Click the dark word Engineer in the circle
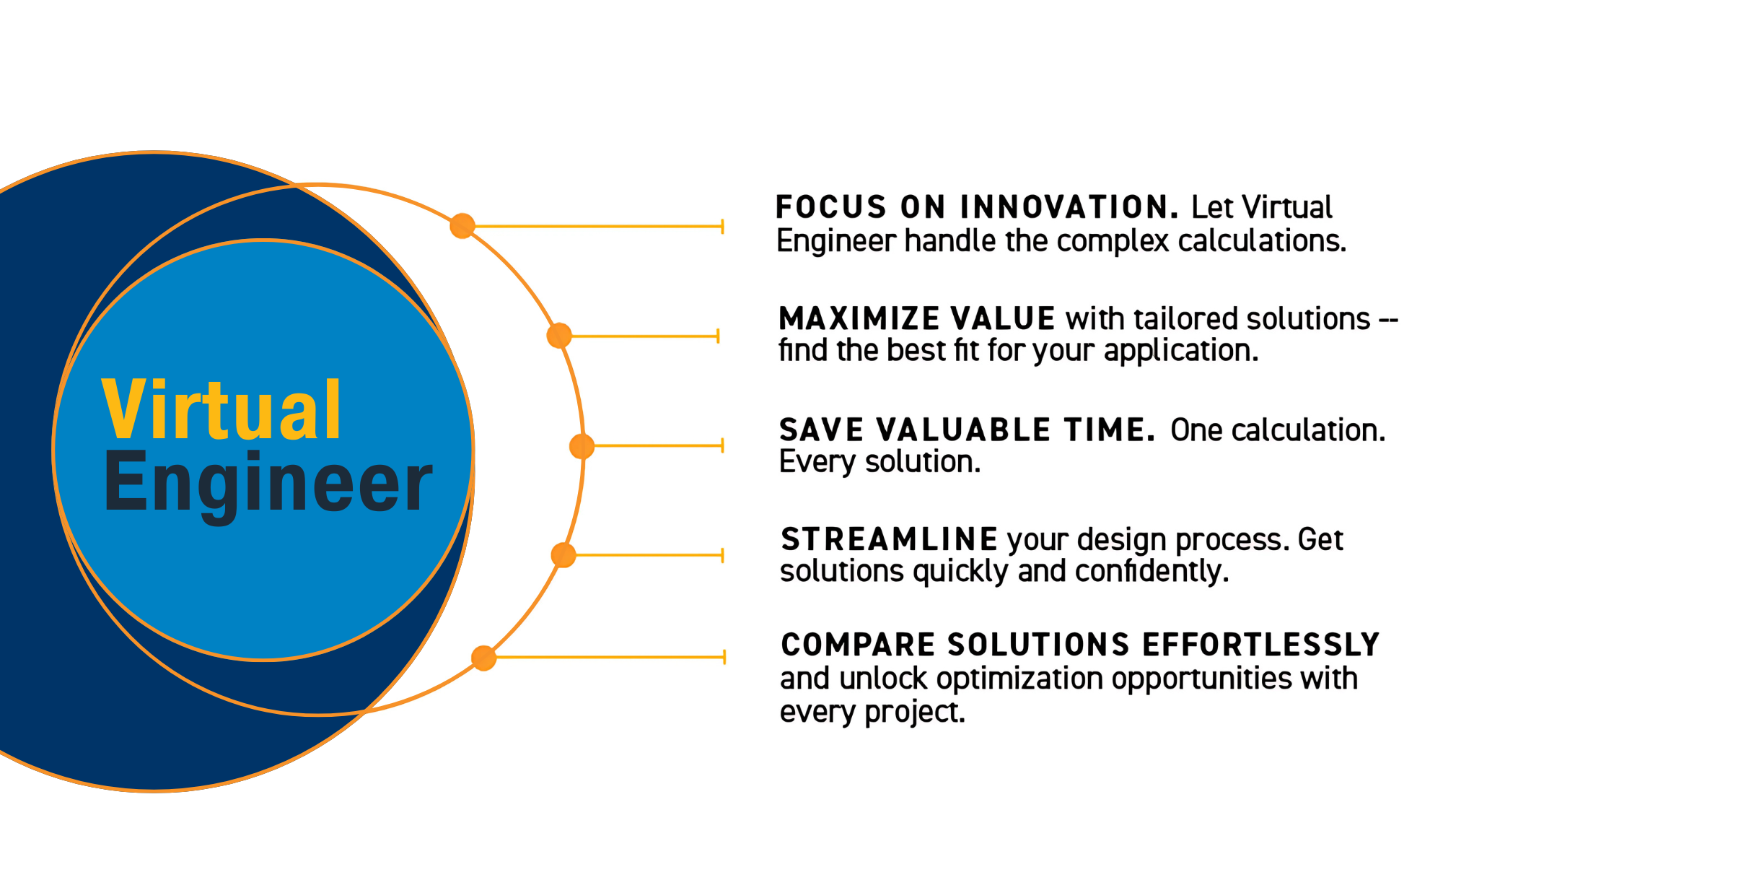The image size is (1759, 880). coord(268,482)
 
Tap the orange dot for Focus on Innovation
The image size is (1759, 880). coord(462,226)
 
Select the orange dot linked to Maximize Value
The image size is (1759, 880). coord(559,336)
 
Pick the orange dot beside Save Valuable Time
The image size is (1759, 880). coord(582,446)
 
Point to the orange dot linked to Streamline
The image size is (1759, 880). coord(563,555)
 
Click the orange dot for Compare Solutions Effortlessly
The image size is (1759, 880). coord(483,658)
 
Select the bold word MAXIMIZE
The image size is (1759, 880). coord(859,319)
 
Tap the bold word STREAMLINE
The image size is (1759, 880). coord(889,540)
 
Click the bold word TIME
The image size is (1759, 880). coord(1110,430)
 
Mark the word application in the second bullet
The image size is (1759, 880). coord(1180,352)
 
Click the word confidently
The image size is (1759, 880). coord(1152,572)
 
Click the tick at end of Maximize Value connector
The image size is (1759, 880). coord(718,336)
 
